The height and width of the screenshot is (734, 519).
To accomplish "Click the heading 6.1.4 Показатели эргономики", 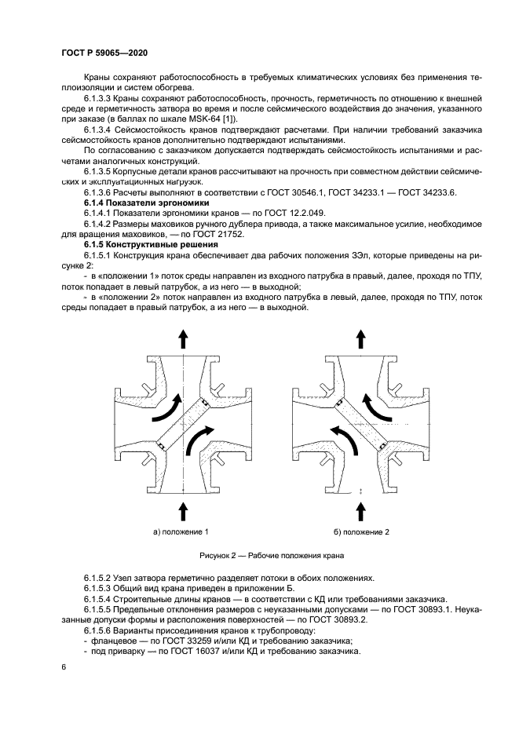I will (x=134, y=203).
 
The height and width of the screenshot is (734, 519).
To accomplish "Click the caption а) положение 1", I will (x=181, y=531).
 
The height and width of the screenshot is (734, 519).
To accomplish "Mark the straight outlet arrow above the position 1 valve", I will (x=183, y=338).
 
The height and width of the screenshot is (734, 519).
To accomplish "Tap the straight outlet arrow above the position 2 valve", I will (x=361, y=338).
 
